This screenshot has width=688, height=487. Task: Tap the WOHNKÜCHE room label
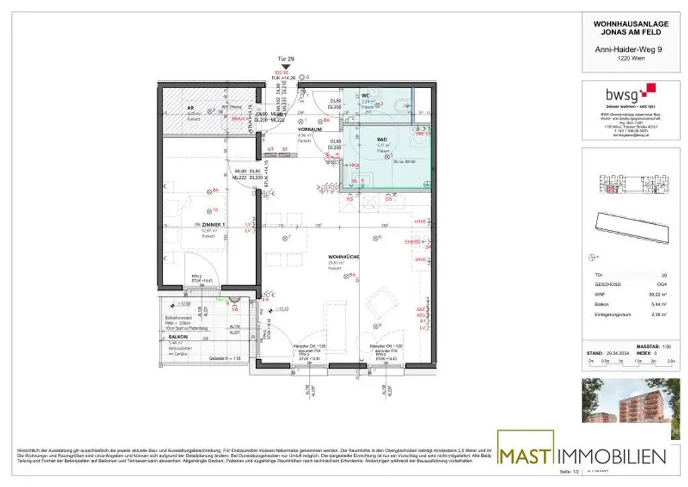tap(343, 257)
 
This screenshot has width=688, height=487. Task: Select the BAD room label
tap(382, 139)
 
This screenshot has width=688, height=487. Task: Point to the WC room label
tap(365, 96)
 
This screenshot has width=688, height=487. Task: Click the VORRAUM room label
tap(311, 128)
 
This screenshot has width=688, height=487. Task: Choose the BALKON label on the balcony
tap(177, 336)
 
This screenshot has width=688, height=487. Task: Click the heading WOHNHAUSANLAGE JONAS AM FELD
tap(621, 28)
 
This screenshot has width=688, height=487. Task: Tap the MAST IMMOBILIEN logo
tap(582, 456)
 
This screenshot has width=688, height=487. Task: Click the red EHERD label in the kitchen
tap(412, 241)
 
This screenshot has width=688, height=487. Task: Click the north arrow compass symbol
tap(593, 256)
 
